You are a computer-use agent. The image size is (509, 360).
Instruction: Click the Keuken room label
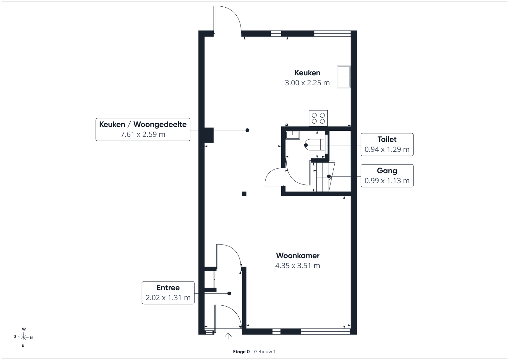(307, 73)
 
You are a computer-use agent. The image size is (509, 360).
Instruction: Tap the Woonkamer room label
(298, 255)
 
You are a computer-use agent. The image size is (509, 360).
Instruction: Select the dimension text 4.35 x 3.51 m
(298, 266)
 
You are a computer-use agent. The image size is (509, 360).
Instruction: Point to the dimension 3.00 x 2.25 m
(307, 83)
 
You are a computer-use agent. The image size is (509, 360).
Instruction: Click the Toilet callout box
(387, 144)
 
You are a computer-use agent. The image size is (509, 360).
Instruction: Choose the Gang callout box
(387, 176)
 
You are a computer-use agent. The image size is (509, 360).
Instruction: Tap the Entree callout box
(168, 293)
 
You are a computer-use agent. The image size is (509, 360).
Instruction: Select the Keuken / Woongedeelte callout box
(143, 129)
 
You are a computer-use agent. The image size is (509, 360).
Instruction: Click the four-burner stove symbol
(318, 118)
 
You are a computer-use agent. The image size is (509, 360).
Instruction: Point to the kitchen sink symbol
(344, 77)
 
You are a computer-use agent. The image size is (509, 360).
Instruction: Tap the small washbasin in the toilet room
(293, 135)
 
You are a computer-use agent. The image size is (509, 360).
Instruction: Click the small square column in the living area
(244, 194)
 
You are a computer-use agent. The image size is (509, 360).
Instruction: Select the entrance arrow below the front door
(228, 336)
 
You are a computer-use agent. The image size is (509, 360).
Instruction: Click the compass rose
(23, 337)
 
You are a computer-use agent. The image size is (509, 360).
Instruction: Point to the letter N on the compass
(31, 338)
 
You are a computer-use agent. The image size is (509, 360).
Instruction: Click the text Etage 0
(241, 352)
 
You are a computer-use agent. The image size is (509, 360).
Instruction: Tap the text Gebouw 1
(265, 352)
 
